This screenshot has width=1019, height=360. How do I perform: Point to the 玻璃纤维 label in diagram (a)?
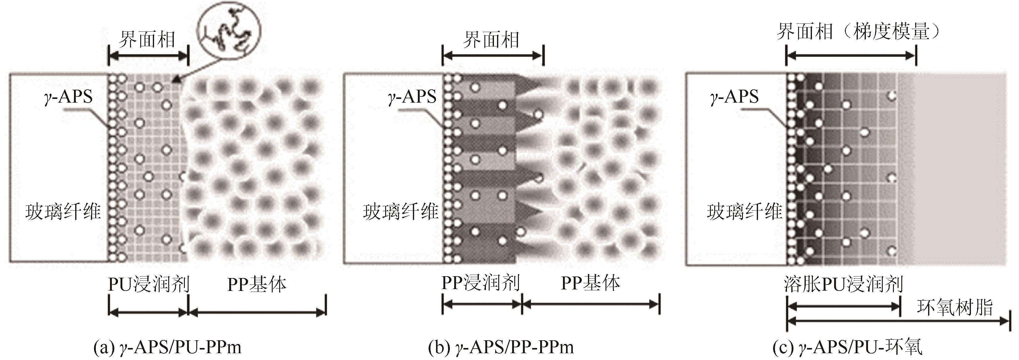tap(63, 212)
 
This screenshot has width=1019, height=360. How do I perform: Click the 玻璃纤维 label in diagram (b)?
tap(400, 212)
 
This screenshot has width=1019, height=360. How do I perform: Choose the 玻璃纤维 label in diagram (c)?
tap(744, 212)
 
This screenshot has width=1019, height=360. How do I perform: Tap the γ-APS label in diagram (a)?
tap(68, 96)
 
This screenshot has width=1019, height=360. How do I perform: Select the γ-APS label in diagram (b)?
tap(412, 96)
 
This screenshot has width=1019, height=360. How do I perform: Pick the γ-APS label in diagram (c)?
tap(735, 96)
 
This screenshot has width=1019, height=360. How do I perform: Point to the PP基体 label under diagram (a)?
tap(257, 284)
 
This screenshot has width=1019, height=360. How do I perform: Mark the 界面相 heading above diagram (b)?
tap(491, 40)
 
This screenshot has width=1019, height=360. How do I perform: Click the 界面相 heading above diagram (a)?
tap(147, 40)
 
